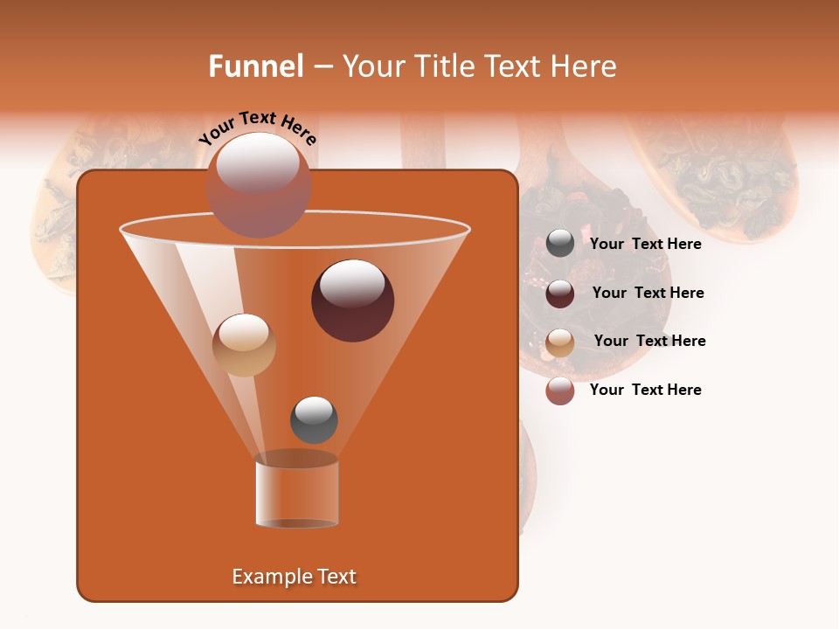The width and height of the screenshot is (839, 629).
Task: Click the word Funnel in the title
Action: pyautogui.click(x=255, y=66)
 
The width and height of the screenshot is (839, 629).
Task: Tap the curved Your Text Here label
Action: pyautogui.click(x=258, y=127)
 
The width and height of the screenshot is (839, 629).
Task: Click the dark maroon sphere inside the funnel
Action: pyautogui.click(x=352, y=300)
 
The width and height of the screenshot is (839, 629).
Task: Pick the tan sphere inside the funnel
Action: pyautogui.click(x=244, y=344)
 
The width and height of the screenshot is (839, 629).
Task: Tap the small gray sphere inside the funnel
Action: pyautogui.click(x=314, y=419)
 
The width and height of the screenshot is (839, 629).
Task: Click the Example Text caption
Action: pyautogui.click(x=294, y=577)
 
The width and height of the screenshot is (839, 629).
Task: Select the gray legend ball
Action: pyautogui.click(x=560, y=244)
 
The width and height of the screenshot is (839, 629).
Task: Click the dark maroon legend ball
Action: pyautogui.click(x=560, y=293)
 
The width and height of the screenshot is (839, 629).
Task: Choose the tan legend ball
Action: pyautogui.click(x=560, y=342)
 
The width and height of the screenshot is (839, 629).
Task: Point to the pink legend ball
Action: pyautogui.click(x=560, y=391)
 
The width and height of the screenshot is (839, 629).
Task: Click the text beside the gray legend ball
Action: pyautogui.click(x=645, y=244)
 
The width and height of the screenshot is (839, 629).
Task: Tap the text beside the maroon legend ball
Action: pyautogui.click(x=648, y=293)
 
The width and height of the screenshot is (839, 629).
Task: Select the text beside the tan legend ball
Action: pyautogui.click(x=649, y=341)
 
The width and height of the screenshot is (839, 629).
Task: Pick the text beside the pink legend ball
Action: pyautogui.click(x=645, y=390)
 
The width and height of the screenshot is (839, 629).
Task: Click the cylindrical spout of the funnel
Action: pyautogui.click(x=297, y=494)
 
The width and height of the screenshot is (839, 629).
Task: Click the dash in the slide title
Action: pyautogui.click(x=322, y=66)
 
